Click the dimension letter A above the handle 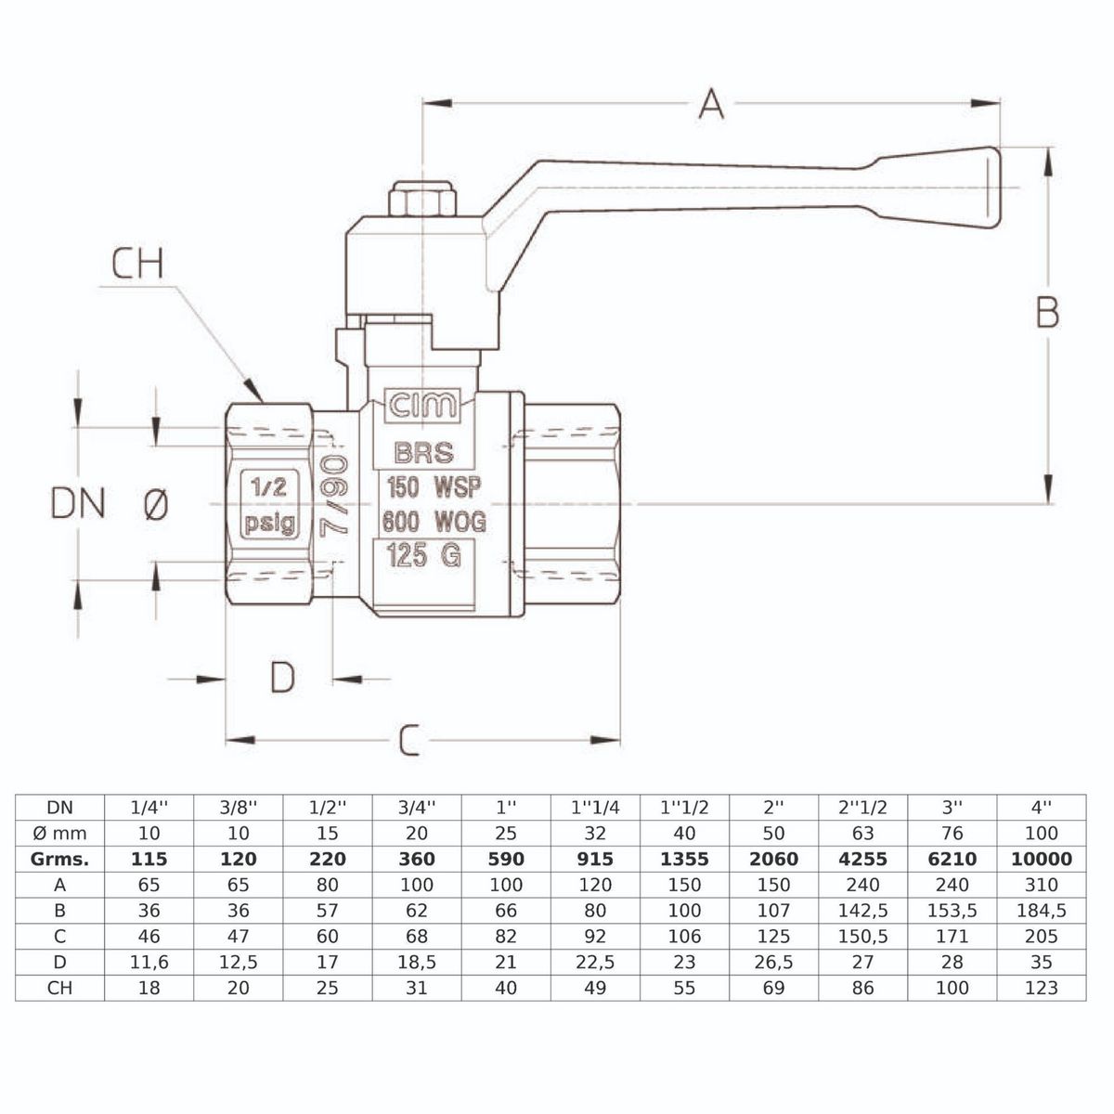[x=711, y=103]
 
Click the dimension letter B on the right [x=1047, y=313]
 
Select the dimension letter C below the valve [x=409, y=741]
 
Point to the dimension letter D [x=282, y=678]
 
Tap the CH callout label [x=137, y=264]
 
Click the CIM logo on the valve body [x=422, y=406]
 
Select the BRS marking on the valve [x=424, y=453]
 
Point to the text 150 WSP [x=433, y=487]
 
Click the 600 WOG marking [x=434, y=522]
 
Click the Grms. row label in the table [x=59, y=859]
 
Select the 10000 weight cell [x=1041, y=859]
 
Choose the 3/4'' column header [x=417, y=807]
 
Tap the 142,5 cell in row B [x=862, y=911]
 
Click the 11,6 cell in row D [x=149, y=963]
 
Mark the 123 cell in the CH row [x=1041, y=988]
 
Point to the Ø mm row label [x=59, y=833]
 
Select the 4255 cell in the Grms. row [x=862, y=859]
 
